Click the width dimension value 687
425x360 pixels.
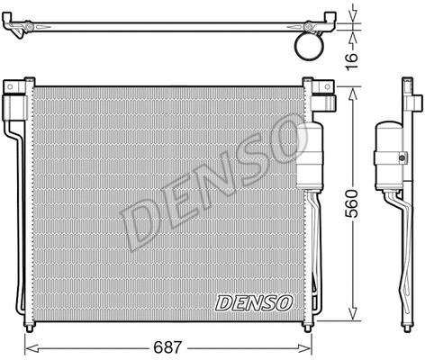point(163,344)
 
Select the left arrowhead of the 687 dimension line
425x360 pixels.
point(27,347)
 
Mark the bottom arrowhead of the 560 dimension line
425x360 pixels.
point(347,318)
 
